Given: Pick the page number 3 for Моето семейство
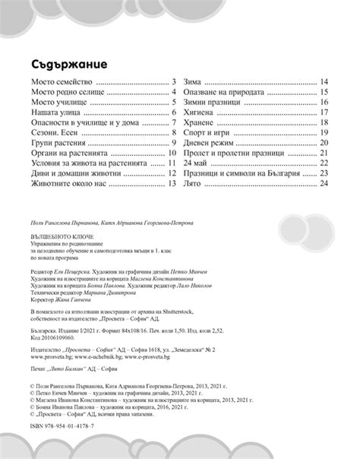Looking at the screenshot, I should (174, 81).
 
